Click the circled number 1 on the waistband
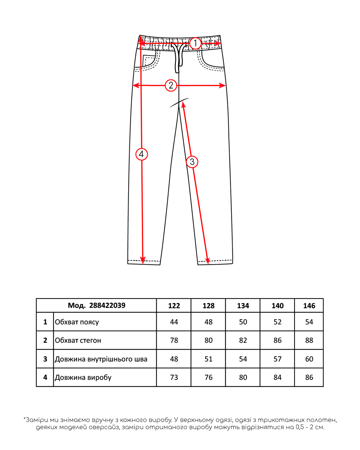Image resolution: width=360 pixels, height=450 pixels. (x=195, y=43)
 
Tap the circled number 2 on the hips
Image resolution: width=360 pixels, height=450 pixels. (x=171, y=85)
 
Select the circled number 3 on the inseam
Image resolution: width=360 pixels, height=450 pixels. (x=192, y=162)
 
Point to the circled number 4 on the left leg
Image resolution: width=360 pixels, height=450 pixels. (x=141, y=154)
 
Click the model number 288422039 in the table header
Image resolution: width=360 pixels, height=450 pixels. (x=107, y=306)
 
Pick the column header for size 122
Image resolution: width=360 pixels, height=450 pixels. (x=174, y=306)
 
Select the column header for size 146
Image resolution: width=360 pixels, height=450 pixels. (x=309, y=306)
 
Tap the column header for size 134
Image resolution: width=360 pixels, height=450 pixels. (x=243, y=306)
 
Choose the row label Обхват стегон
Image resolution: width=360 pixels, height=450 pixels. (x=78, y=341)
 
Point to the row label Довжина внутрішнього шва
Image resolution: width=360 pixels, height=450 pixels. (x=101, y=359)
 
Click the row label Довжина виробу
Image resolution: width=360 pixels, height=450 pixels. (x=83, y=377)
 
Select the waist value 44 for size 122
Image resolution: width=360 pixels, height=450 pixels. (x=174, y=322)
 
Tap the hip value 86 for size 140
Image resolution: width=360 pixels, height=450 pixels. (x=277, y=341)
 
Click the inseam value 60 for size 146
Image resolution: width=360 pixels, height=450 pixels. (x=309, y=359)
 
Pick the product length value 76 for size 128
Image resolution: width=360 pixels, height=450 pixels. (x=208, y=377)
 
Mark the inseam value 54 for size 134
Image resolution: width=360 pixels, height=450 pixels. (x=243, y=359)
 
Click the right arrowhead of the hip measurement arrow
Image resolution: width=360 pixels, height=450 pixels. (x=222, y=85)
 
